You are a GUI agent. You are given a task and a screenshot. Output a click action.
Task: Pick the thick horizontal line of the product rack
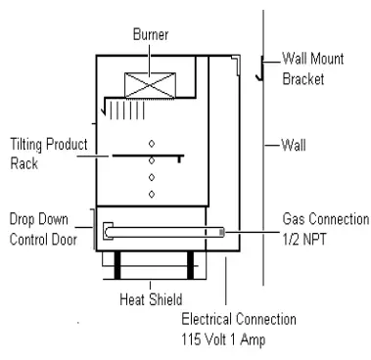(148, 155)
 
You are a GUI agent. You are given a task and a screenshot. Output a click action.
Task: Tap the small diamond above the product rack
(151, 142)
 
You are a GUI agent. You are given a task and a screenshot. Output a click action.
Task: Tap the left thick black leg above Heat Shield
(116, 264)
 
